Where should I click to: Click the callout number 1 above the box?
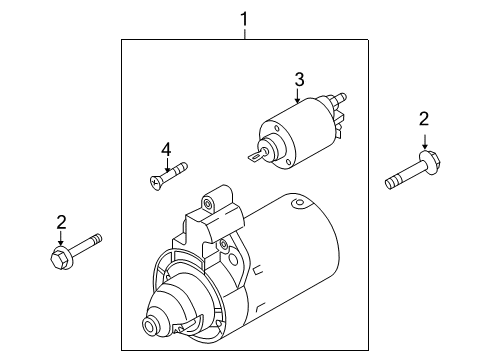click(x=245, y=19)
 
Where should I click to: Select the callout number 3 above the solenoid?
click(x=299, y=80)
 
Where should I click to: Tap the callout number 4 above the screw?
click(x=166, y=149)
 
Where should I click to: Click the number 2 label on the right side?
click(x=424, y=119)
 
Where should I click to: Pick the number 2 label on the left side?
click(x=61, y=222)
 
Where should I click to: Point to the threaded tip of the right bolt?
click(x=391, y=184)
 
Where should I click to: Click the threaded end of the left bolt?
click(x=97, y=239)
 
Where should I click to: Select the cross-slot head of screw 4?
click(x=155, y=182)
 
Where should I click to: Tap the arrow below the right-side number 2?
click(x=424, y=142)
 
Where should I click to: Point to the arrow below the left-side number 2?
click(x=60, y=238)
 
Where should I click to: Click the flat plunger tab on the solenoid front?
click(x=256, y=155)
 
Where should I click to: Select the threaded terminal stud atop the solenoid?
click(x=341, y=98)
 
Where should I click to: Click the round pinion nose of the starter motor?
click(x=149, y=325)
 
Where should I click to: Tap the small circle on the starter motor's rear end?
click(x=298, y=203)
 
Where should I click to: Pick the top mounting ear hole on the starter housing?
click(x=207, y=203)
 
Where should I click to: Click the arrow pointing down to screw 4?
click(x=167, y=165)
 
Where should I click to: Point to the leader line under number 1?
click(x=245, y=34)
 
